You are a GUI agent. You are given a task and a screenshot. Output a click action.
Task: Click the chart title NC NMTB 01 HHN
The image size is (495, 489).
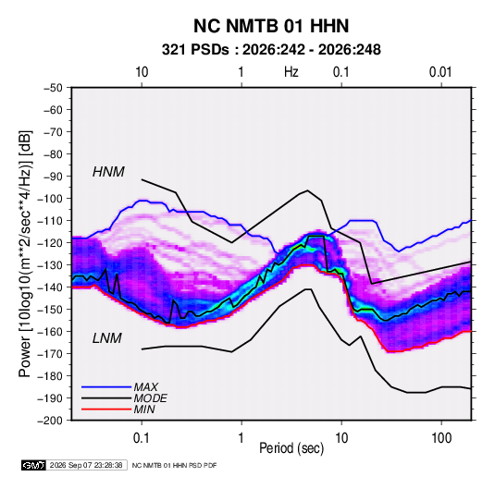point(271,26)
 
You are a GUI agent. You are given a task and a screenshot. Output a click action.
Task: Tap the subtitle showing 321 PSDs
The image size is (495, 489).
point(271,50)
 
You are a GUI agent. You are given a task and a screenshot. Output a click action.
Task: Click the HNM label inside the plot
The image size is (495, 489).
point(108,172)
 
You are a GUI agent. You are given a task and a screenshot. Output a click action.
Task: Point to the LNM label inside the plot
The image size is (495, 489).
point(107,338)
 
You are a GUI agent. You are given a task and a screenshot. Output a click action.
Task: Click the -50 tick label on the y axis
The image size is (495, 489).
point(54,88)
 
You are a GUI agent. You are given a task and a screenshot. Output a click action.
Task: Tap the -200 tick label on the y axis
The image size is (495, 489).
point(50,421)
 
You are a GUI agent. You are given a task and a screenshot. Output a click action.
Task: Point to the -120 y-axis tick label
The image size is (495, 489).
point(50,243)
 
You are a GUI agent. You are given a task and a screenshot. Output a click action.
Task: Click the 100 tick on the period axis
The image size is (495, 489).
point(441,438)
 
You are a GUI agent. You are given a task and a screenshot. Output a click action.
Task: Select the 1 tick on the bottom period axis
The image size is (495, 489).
point(241,438)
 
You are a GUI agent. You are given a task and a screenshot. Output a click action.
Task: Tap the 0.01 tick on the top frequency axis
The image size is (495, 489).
point(440,72)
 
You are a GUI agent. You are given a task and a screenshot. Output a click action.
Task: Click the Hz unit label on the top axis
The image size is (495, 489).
point(291,72)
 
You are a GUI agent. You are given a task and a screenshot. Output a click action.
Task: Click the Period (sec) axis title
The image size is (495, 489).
point(291,448)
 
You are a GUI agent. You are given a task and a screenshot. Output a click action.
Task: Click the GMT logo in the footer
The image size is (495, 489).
point(33,465)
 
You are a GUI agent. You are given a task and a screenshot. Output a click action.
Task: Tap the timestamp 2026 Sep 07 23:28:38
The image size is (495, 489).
point(86,465)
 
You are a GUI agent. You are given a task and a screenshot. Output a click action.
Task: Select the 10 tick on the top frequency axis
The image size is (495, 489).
point(142,72)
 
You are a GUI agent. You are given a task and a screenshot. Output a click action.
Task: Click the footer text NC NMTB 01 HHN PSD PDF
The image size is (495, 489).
point(174,465)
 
